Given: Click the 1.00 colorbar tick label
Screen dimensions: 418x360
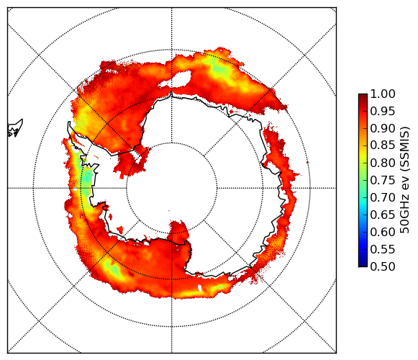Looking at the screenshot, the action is [383, 94].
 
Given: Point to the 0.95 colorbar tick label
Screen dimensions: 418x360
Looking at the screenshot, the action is [383, 112].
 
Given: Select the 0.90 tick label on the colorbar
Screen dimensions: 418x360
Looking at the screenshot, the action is [383, 128].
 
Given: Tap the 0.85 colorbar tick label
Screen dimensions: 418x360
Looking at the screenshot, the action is [383, 145].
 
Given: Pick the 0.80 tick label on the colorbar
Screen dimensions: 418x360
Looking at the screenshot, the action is [383, 163].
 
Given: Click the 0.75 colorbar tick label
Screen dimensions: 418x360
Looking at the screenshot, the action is [383, 181].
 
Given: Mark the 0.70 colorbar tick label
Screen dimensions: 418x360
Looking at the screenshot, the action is [383, 198].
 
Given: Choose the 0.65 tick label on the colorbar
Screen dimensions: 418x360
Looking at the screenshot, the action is [383, 215].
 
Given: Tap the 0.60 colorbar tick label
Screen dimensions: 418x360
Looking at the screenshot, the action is [383, 232].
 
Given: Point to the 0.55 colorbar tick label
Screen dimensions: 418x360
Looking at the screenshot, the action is [383, 250].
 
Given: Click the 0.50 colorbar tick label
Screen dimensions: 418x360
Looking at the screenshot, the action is [383, 266].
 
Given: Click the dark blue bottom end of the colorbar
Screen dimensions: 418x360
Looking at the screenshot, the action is [363, 264].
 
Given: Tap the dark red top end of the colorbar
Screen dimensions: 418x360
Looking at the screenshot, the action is [363, 96].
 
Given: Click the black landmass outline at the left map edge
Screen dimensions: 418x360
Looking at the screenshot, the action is [15, 128].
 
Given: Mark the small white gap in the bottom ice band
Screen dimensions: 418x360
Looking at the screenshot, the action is [200, 288].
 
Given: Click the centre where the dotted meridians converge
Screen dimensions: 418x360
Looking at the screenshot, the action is [172, 188].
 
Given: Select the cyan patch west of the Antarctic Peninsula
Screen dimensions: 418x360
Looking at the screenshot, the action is [86, 179].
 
